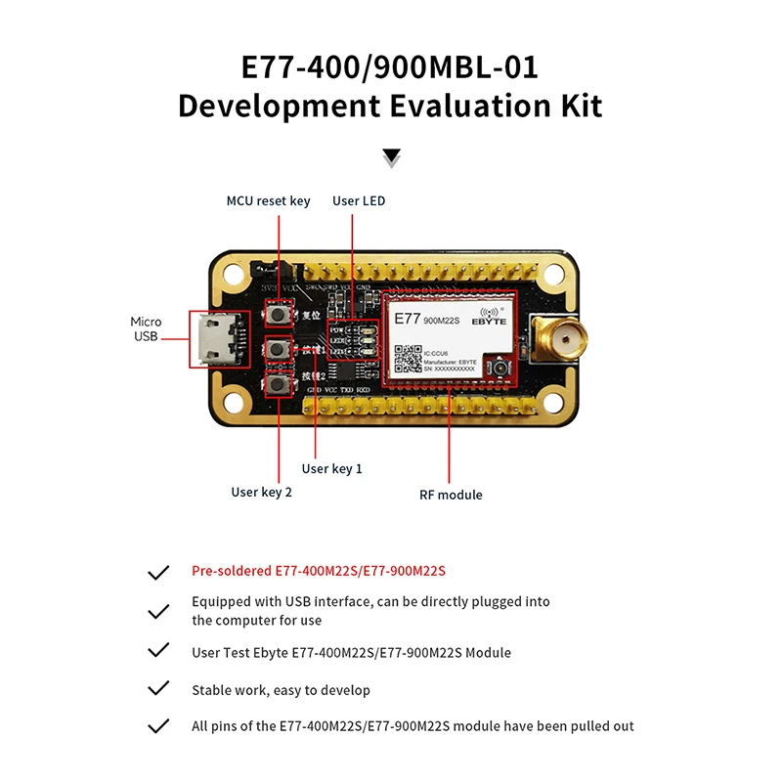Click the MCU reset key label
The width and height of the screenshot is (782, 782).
tap(268, 201)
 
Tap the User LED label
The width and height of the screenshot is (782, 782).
tap(359, 201)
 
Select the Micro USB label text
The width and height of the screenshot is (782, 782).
tap(147, 329)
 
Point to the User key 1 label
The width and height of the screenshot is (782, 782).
tap(332, 469)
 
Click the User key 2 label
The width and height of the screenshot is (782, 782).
tap(261, 493)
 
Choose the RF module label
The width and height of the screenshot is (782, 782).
tap(451, 495)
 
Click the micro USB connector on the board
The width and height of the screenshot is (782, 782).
tap(214, 339)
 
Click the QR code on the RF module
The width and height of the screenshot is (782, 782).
tap(407, 358)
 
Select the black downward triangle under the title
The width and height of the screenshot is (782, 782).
tap(392, 156)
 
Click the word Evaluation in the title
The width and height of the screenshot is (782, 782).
tap(465, 106)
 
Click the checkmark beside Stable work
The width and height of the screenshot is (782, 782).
tap(157, 689)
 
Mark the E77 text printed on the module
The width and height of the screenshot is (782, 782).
tap(408, 318)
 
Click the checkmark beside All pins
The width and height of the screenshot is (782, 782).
tap(157, 726)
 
